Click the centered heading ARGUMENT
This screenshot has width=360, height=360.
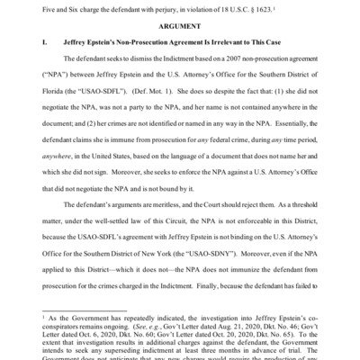click(x=180, y=26)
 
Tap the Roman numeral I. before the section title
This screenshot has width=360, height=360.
click(x=44, y=42)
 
